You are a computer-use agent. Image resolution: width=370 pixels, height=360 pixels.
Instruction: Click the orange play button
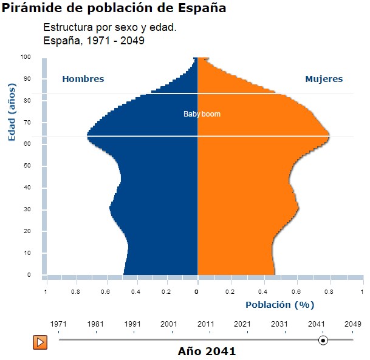40,341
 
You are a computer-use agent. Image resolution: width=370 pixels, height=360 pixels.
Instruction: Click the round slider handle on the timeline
323,341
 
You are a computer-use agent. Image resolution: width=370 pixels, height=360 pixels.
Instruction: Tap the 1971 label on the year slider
58,324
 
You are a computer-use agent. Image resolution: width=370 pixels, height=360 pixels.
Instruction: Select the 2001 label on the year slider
169,324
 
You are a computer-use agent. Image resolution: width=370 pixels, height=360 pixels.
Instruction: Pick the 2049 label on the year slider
353,324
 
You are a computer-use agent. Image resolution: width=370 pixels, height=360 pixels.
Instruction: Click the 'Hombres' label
83,79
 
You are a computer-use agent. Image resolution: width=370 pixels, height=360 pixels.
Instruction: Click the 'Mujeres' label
324,79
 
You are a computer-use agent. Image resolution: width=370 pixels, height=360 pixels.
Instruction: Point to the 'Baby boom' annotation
202,114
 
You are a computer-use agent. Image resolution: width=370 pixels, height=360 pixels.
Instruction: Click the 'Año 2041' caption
207,351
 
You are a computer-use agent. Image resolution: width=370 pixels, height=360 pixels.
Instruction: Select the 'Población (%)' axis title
279,305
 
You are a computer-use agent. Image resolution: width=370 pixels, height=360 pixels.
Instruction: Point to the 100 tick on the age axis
26,57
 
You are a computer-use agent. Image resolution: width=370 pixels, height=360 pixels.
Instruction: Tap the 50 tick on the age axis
27,166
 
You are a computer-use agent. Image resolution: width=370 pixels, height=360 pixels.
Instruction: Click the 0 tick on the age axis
29,275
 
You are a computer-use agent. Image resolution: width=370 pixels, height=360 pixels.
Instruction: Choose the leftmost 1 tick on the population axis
46,292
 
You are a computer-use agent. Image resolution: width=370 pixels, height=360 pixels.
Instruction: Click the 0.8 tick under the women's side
331,292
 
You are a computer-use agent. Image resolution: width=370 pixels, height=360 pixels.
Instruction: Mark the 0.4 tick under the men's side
136,292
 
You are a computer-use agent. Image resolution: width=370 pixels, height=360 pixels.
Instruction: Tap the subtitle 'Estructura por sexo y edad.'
110,28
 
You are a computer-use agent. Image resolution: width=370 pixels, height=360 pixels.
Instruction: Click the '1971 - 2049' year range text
117,41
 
